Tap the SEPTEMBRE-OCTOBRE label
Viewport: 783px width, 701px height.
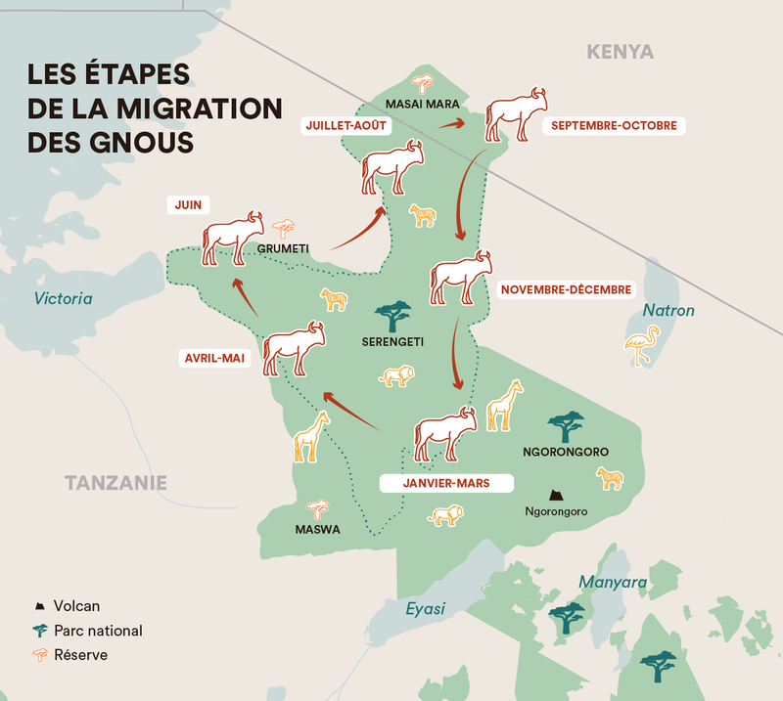coord(613,126)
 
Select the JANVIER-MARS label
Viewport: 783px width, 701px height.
coord(446,483)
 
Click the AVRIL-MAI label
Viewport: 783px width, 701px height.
coord(212,359)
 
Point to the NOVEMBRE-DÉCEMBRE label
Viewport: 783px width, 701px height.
coord(566,289)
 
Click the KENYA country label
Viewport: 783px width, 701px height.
coord(620,52)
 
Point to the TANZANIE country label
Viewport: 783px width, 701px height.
coord(115,482)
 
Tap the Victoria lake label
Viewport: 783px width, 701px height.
coord(63,298)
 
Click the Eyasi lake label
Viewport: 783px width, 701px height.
coord(426,609)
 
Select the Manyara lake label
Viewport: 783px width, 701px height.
coord(613,583)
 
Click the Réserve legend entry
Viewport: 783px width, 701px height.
coord(80,655)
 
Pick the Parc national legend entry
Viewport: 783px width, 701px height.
coord(98,631)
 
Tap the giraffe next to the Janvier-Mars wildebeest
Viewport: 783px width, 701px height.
coord(505,404)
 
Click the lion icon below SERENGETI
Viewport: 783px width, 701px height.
coord(396,376)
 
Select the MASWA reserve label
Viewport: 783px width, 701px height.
coord(317,530)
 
